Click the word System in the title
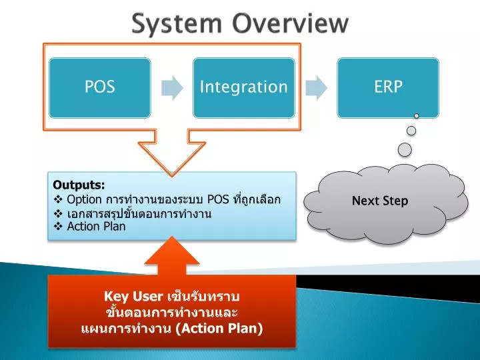(x=177, y=23)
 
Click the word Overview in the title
(x=291, y=23)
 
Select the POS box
(x=100, y=88)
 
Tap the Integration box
(x=244, y=88)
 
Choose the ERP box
(x=388, y=88)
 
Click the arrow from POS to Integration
(x=172, y=88)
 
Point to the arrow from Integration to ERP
(x=316, y=88)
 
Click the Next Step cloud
(x=386, y=203)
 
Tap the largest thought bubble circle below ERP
(x=405, y=150)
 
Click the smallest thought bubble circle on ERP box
(x=416, y=116)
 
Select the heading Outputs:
(x=79, y=185)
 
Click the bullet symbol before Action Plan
(x=58, y=227)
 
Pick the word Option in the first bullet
(x=84, y=199)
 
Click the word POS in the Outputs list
(x=218, y=199)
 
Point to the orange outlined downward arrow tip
(x=172, y=176)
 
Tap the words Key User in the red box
(x=133, y=297)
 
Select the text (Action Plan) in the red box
(x=219, y=329)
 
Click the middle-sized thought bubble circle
(x=411, y=131)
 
